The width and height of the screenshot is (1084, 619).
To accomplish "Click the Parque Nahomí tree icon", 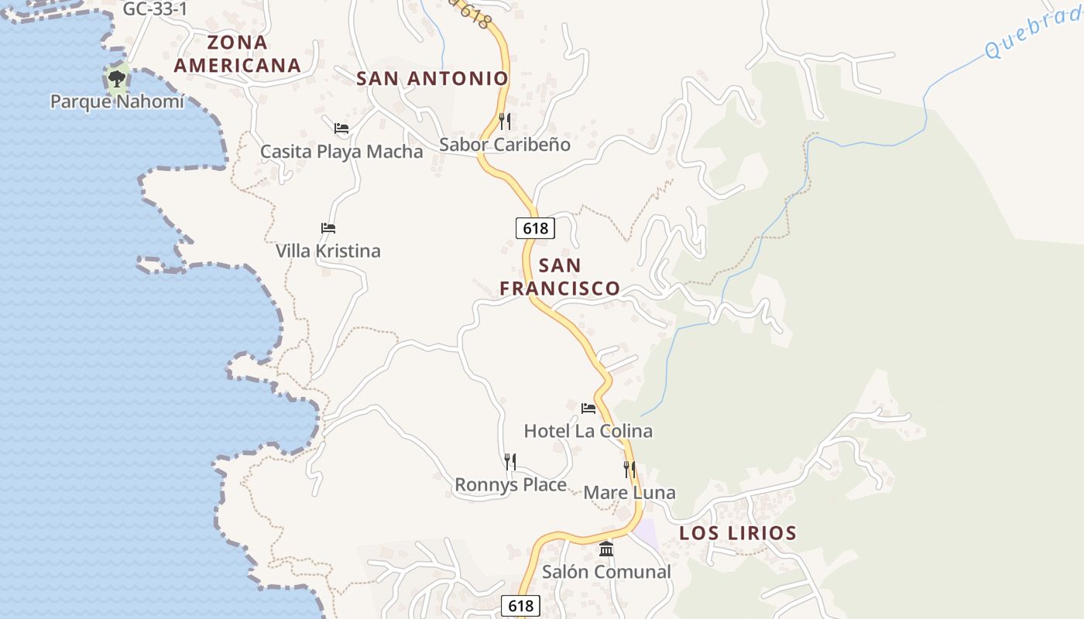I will click(x=117, y=78).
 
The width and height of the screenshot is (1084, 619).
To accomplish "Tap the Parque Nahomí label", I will click(x=117, y=101).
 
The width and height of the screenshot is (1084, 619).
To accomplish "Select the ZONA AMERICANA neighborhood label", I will click(x=237, y=53).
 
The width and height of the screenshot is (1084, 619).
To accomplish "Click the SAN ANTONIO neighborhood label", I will click(x=432, y=78).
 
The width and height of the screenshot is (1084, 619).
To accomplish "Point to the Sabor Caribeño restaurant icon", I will click(x=505, y=121).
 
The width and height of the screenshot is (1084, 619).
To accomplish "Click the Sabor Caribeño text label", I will click(x=505, y=145).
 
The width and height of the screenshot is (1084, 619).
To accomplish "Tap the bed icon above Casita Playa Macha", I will click(x=341, y=128).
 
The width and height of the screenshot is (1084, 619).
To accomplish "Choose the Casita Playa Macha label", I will click(x=341, y=151).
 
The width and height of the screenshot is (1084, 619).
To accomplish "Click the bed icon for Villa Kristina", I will click(x=328, y=228).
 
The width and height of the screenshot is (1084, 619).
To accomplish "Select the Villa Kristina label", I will click(x=328, y=251).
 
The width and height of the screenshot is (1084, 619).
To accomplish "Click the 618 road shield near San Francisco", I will click(x=535, y=227).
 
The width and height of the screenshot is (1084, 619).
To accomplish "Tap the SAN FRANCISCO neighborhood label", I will click(x=560, y=277).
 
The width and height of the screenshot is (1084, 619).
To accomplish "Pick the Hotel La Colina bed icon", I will click(x=588, y=408).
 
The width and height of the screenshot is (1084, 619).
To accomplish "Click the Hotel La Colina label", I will click(x=588, y=431).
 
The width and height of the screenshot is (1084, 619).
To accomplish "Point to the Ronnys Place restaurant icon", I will click(x=510, y=462).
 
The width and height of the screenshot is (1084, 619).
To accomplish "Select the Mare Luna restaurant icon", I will click(x=629, y=469).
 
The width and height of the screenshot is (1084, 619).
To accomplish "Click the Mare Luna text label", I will click(x=629, y=492).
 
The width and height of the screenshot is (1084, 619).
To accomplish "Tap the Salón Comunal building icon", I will click(x=606, y=549).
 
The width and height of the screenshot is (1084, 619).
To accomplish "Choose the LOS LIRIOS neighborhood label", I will click(x=738, y=533).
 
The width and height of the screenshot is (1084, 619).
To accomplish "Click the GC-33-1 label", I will click(x=156, y=9).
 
